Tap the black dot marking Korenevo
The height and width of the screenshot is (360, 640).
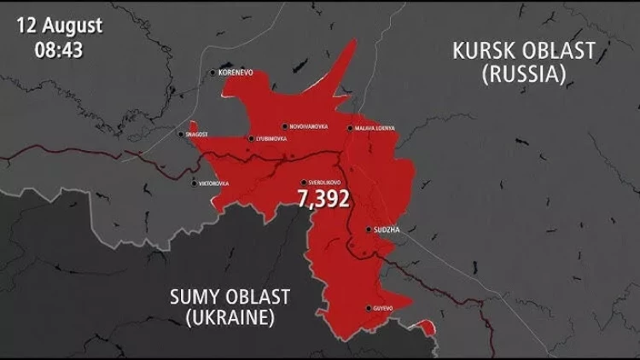click(x=213, y=73)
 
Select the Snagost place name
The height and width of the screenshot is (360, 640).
click(x=196, y=134)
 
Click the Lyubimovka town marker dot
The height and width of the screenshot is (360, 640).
click(x=250, y=138)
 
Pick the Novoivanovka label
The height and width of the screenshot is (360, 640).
click(x=308, y=126)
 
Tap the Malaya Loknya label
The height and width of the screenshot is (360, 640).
click(x=375, y=129)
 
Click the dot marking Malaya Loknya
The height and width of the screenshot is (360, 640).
click(x=350, y=129)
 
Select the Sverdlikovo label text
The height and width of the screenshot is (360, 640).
click(x=324, y=183)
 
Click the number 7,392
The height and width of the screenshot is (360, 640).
click(x=323, y=199)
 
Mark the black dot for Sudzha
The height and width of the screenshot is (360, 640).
click(x=368, y=229)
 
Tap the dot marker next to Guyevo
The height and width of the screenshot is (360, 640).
click(x=368, y=308)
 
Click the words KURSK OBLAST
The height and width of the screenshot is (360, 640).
click(x=523, y=51)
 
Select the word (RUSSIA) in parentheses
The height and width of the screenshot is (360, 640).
click(x=523, y=74)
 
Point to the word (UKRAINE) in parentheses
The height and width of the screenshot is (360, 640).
click(x=230, y=319)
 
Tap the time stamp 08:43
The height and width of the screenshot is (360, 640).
click(x=59, y=49)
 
